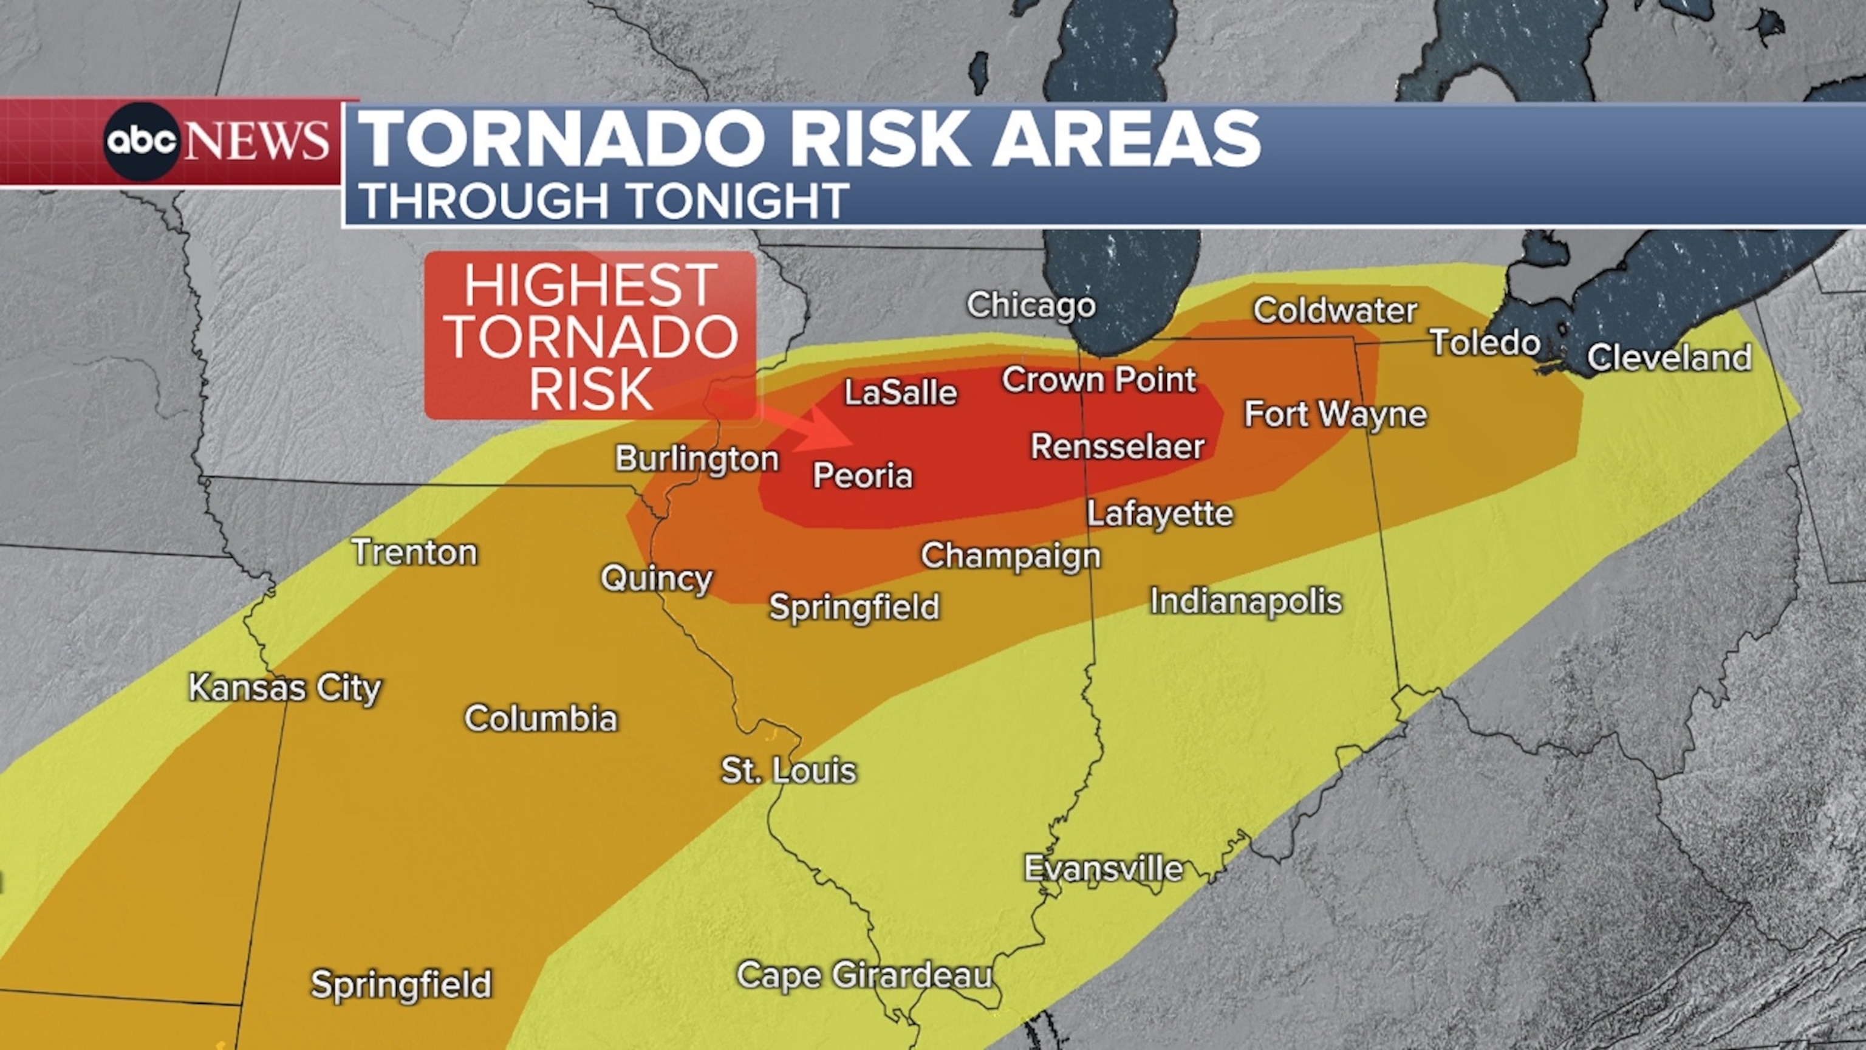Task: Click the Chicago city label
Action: tap(1030, 305)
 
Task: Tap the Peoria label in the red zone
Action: tap(862, 476)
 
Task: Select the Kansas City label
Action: tap(285, 688)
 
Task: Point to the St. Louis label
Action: tap(788, 770)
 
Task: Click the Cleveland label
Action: tap(1669, 358)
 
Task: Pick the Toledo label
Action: tap(1485, 343)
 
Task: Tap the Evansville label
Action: tap(1102, 868)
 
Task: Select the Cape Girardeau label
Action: tap(864, 975)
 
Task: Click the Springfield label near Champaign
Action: tap(853, 607)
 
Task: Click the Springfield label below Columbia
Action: tap(400, 984)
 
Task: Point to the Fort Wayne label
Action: tap(1335, 414)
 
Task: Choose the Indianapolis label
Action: tap(1246, 602)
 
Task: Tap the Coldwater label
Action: tap(1335, 311)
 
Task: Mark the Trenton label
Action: tap(414, 553)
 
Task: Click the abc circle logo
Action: tap(142, 142)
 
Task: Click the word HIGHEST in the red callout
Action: tap(590, 285)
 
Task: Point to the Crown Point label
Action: tap(1098, 380)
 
